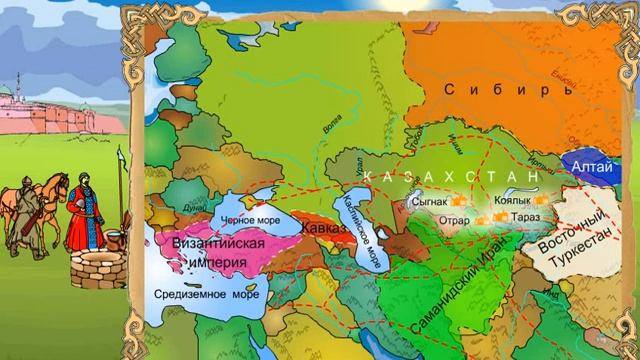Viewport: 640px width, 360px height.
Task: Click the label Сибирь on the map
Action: [494, 88]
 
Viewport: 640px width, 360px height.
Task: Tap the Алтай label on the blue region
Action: [587, 170]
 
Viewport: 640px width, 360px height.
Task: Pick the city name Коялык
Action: [513, 200]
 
